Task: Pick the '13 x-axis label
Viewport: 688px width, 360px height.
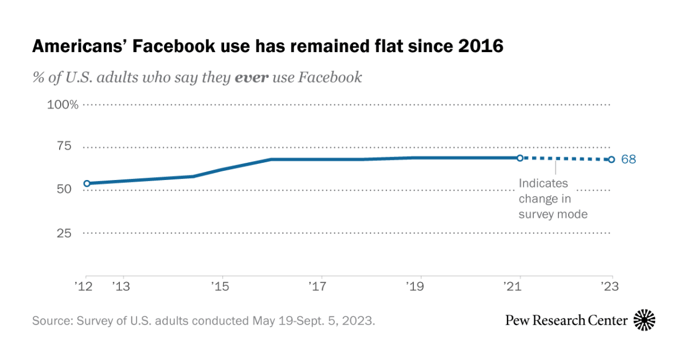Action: click(x=120, y=285)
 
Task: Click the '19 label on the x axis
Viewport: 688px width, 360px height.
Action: click(x=415, y=285)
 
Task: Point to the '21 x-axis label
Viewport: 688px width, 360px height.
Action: click(x=513, y=285)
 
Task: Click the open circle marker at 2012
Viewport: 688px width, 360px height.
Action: click(x=87, y=183)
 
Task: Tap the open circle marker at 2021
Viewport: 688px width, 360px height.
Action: click(x=519, y=158)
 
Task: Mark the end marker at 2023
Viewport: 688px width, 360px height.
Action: click(x=612, y=159)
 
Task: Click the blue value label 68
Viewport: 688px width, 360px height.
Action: click(x=628, y=159)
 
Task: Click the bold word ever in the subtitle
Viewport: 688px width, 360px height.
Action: click(x=251, y=77)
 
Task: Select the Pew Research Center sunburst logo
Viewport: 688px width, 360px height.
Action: click(x=644, y=320)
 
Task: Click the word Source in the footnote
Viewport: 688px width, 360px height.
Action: click(x=52, y=320)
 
